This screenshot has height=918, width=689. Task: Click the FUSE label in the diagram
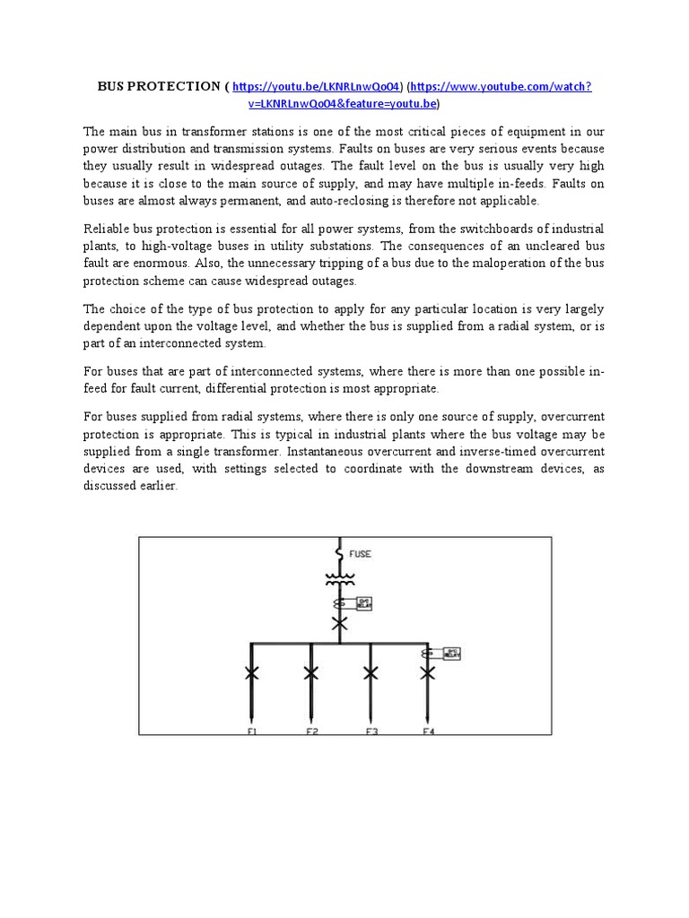[359, 554]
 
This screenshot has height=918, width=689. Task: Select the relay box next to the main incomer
[363, 603]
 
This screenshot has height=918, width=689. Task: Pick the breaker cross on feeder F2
[310, 672]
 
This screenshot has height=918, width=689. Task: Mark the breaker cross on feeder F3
[370, 672]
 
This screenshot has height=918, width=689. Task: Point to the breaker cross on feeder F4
[429, 672]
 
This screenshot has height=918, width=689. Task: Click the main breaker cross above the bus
[339, 624]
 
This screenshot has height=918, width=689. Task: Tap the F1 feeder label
[252, 732]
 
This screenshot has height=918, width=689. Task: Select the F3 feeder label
[371, 732]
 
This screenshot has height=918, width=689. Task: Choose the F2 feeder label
[311, 732]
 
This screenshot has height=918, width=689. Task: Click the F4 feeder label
[429, 732]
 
